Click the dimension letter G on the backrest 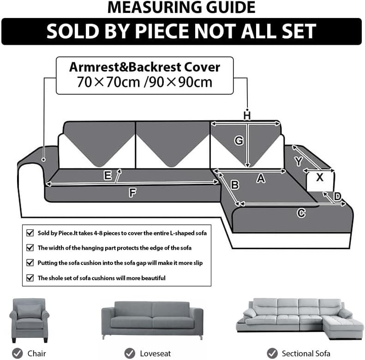click(x=239, y=141)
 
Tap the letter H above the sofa click(x=247, y=116)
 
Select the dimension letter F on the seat click(x=133, y=192)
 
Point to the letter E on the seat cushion click(x=108, y=175)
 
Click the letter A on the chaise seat click(x=261, y=179)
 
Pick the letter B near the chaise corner click(x=235, y=185)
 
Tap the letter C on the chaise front click(x=301, y=213)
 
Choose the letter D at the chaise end click(x=337, y=197)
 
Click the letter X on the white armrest click(x=320, y=177)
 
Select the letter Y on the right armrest click(x=299, y=161)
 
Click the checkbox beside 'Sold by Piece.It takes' click(x=30, y=233)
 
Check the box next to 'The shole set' click(x=30, y=278)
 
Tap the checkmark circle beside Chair click(x=18, y=353)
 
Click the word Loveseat click(x=155, y=354)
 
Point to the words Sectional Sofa click(x=306, y=354)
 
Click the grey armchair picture click(x=30, y=320)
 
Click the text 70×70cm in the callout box click(x=108, y=82)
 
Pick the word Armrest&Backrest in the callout click(x=125, y=67)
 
